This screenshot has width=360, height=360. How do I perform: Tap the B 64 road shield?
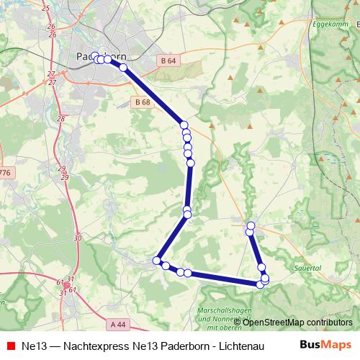point(168,60)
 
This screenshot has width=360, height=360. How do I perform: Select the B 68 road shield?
point(143,103)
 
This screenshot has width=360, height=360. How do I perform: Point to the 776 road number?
point(5,173)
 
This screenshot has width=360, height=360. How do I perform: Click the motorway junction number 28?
point(60,119)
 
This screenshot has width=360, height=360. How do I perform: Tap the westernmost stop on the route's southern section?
point(156,260)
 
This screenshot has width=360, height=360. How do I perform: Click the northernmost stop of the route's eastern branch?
point(251,226)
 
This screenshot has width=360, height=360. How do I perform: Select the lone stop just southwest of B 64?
point(123,68)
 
